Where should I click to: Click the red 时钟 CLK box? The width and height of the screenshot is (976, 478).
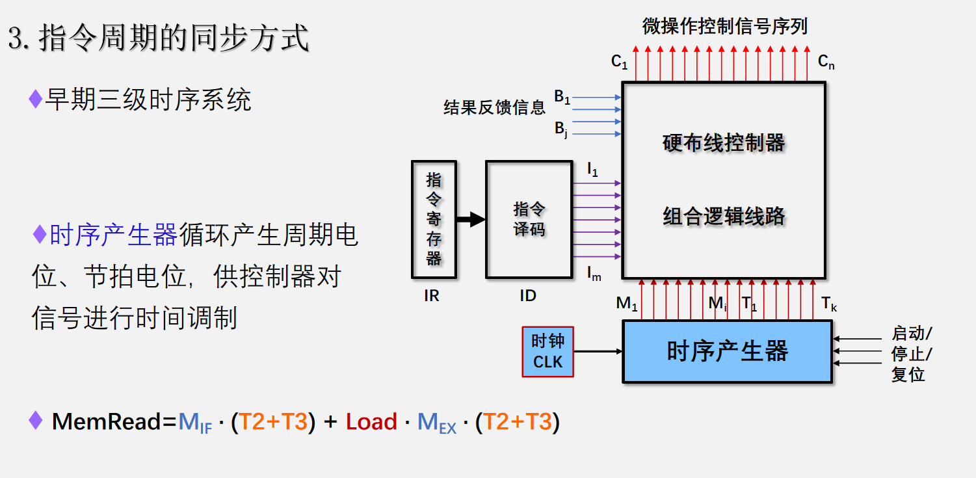548,352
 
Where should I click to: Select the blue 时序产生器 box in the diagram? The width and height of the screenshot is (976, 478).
727,352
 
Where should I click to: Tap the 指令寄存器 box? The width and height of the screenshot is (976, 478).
434,219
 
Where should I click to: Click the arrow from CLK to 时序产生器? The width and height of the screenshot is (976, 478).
598,352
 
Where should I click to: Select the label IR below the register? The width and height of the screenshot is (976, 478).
432,296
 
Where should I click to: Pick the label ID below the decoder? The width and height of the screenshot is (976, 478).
528,296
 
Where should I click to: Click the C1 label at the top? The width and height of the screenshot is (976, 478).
619,62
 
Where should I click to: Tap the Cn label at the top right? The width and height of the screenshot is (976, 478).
826,62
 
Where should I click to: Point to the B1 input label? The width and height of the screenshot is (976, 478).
562,97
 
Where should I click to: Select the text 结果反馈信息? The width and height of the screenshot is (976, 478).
494,108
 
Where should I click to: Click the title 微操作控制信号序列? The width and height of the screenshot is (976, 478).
724,27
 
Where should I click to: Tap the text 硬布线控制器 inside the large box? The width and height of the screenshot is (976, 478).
724,143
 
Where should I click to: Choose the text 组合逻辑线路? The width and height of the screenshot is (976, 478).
724,216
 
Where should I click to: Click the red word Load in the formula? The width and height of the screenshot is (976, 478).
371,422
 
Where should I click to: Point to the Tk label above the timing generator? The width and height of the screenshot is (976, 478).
828,304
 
